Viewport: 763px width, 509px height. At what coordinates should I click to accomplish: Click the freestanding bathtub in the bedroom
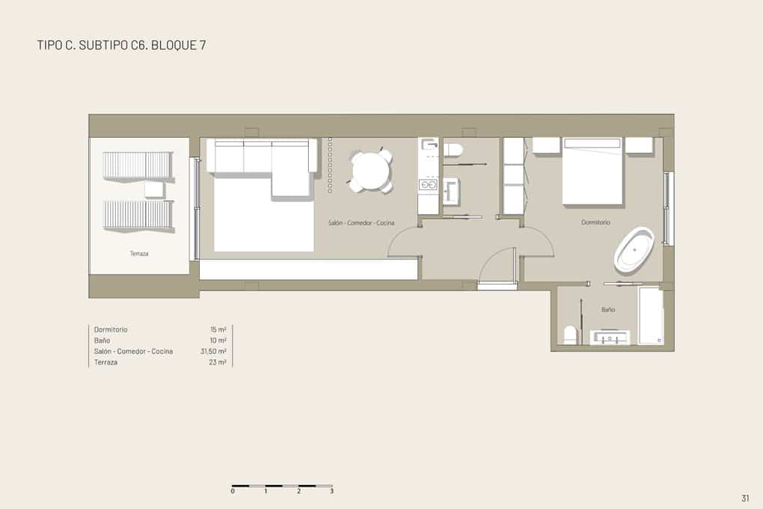click(634, 249)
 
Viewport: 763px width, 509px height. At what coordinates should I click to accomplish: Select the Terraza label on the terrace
click(139, 253)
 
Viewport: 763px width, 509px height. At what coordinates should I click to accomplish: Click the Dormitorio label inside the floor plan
click(595, 222)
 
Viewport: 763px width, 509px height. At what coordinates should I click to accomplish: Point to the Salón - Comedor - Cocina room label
click(361, 222)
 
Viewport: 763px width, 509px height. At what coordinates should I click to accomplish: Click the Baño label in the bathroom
click(607, 309)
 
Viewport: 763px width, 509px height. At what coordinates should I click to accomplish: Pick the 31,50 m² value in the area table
click(213, 351)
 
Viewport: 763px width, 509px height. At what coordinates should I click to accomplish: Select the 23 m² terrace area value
click(218, 362)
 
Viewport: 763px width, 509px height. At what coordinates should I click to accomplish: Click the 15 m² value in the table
click(218, 330)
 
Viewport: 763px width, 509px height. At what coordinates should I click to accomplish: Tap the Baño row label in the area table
click(102, 341)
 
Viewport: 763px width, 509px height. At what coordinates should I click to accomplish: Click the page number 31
click(745, 498)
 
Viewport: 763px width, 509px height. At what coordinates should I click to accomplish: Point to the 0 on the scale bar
click(233, 491)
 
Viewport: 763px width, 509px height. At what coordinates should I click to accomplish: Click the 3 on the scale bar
click(332, 491)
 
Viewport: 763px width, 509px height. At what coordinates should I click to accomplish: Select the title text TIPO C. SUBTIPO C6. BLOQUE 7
click(122, 45)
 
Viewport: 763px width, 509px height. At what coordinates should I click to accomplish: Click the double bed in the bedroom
click(592, 171)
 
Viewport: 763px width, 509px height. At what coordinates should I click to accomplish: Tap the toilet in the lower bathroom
click(570, 335)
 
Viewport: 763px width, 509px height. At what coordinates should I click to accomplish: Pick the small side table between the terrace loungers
click(154, 189)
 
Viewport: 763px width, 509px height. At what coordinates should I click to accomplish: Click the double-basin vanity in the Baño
click(610, 337)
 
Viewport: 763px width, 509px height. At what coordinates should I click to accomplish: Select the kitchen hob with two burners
click(428, 185)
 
